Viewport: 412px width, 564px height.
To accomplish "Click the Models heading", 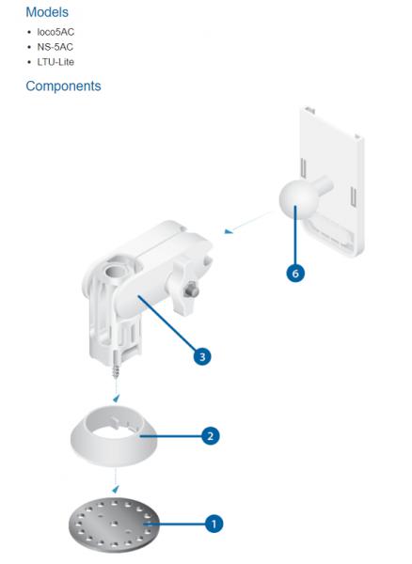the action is click(x=47, y=12).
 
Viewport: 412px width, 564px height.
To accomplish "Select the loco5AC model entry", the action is click(x=55, y=32).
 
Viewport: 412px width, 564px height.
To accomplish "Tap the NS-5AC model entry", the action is click(x=55, y=47).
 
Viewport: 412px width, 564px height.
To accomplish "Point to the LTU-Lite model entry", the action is click(x=55, y=62).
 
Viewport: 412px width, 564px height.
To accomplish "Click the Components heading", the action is click(x=63, y=86).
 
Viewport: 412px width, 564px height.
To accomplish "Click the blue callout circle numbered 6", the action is click(x=295, y=274).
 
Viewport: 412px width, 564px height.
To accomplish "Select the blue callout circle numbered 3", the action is click(x=202, y=356).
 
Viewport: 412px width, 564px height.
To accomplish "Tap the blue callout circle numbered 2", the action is click(x=210, y=436).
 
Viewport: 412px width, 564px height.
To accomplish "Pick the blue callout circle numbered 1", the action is click(x=214, y=524).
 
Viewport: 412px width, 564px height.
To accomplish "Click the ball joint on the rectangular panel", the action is click(x=299, y=196).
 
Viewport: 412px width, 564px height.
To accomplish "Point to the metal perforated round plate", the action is click(x=114, y=525).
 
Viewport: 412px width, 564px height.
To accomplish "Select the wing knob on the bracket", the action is click(x=184, y=288).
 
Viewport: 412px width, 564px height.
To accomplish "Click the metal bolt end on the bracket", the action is click(x=192, y=290).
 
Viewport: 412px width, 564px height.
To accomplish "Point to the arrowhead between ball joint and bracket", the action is click(x=229, y=231).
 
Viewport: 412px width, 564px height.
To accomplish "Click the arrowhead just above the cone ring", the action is click(x=116, y=399).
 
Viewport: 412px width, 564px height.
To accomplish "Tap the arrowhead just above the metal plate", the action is click(x=116, y=489).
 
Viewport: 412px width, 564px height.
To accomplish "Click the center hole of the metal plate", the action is click(x=115, y=523).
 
